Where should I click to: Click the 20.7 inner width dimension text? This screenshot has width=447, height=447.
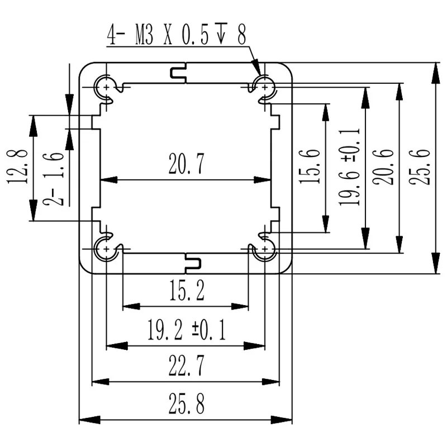point(187,165)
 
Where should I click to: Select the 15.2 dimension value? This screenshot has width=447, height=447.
point(186,291)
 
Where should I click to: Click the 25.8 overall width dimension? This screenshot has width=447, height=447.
point(186,404)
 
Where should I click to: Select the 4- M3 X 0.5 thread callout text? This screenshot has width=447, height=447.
point(177,36)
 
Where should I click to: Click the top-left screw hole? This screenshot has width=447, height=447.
point(106,87)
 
